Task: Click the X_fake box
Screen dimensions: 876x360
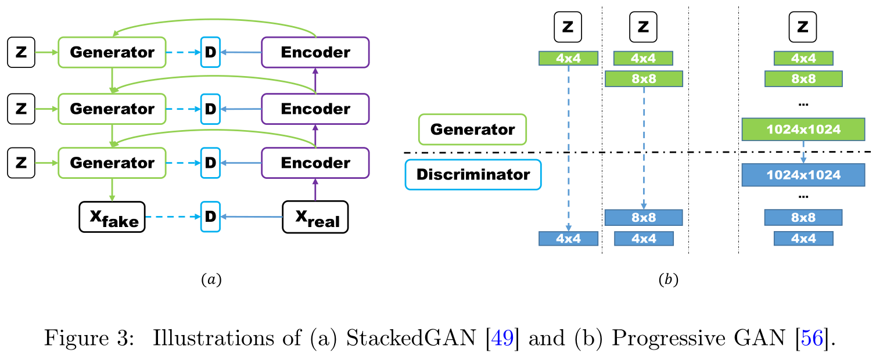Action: pos(112,217)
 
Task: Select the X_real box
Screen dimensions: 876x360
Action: pos(315,217)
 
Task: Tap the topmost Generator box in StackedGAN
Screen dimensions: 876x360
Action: pos(112,52)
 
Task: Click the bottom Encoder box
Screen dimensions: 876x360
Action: pos(315,163)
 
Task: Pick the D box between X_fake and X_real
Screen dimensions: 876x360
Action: pos(210,217)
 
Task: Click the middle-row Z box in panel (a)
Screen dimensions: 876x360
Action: pos(21,109)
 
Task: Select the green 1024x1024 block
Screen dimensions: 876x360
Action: pos(803,129)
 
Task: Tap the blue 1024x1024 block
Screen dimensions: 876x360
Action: pos(803,175)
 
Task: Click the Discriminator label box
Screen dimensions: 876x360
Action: pos(473,175)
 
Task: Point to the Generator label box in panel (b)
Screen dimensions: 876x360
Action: pos(472,129)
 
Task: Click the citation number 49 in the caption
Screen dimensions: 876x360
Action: pos(502,338)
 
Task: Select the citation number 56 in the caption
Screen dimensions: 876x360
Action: pos(812,338)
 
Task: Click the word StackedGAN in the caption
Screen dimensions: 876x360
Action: pos(411,338)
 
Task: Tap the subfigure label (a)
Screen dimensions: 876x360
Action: pos(211,279)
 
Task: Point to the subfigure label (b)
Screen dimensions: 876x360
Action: pos(669,279)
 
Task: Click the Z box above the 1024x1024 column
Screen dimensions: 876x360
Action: pos(803,27)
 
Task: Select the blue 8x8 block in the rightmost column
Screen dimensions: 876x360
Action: pos(803,217)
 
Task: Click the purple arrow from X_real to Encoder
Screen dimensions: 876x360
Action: pos(315,190)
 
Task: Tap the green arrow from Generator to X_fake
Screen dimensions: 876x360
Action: pos(112,190)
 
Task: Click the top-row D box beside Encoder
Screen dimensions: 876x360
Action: pos(210,52)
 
